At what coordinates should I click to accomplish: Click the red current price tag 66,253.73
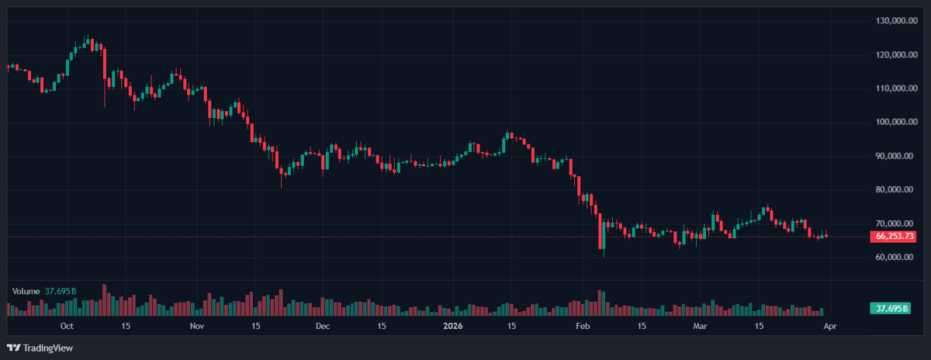click(x=895, y=236)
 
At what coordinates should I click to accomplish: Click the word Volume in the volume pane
click(x=26, y=291)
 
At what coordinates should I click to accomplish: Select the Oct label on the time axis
click(x=67, y=327)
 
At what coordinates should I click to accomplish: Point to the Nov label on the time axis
click(x=196, y=327)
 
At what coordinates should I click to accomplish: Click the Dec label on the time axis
click(x=323, y=327)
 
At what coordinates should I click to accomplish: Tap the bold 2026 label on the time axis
click(x=452, y=327)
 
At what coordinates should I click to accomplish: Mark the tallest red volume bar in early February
click(x=600, y=303)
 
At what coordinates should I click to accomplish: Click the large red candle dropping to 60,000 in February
click(x=601, y=233)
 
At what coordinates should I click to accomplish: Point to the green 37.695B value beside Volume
click(x=61, y=291)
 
